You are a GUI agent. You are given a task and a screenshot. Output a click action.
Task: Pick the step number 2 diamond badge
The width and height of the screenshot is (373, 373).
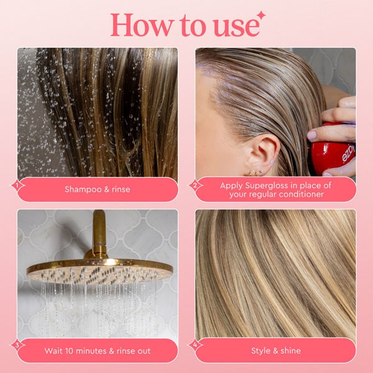click(x=195, y=185)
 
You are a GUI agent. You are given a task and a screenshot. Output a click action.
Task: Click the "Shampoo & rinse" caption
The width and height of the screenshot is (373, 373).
click(x=97, y=190)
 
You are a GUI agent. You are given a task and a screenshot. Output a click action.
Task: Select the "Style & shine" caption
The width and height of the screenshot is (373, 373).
click(x=275, y=351)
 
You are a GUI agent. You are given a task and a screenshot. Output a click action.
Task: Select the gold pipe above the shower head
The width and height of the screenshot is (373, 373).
click(x=99, y=233)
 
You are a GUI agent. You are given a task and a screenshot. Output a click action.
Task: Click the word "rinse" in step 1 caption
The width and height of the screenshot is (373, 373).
click(x=117, y=190)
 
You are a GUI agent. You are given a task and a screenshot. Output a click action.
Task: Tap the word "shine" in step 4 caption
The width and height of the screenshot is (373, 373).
click(x=288, y=351)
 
